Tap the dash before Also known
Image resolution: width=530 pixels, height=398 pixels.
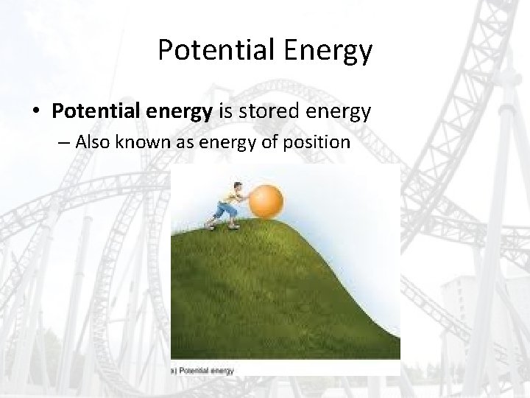coord(79,142)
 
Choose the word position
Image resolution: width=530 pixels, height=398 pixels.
coord(314,142)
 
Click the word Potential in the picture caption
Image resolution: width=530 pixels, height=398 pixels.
coord(194,371)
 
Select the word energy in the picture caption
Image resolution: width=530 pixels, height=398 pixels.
coord(222,371)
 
